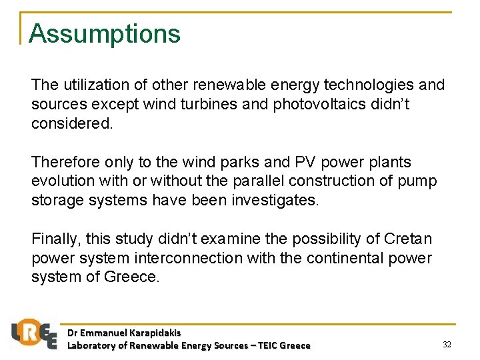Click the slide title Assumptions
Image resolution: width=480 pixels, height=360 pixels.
105,33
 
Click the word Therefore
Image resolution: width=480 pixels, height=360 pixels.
65,162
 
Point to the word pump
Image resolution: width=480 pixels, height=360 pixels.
419,181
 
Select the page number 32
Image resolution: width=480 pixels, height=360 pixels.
447,344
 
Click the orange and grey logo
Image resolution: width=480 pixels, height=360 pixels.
34,333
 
